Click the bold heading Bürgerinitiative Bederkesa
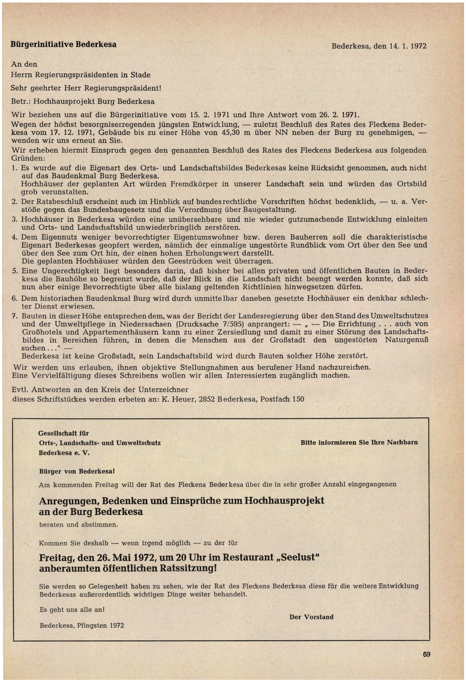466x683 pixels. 64,44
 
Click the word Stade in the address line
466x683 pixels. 140,75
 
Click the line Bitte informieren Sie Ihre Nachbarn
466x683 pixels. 359,442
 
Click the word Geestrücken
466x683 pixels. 191,261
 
